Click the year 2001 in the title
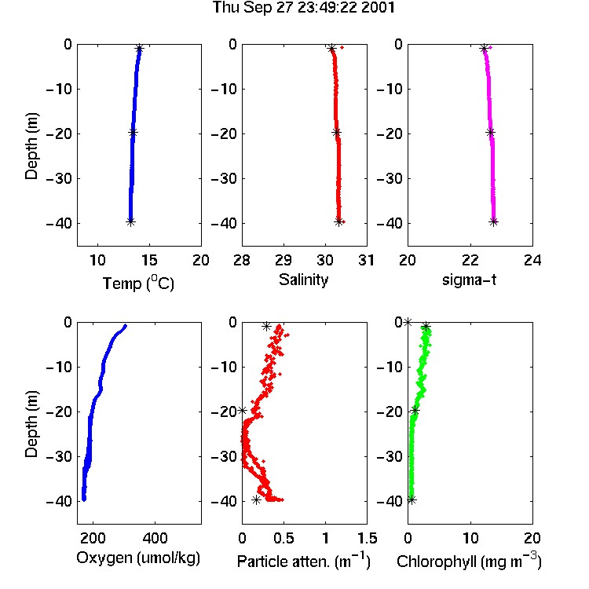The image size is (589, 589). coord(378,8)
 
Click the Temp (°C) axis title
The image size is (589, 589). coord(138,283)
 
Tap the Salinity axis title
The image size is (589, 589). coord(303,280)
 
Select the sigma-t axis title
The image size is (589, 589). coord(470,280)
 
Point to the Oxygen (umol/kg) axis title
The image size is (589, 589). coord(138,558)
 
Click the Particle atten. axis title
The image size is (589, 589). coord(304,561)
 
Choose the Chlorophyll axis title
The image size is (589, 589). coord(469,561)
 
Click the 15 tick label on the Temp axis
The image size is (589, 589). coord(149,260)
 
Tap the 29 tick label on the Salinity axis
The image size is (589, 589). coord(284,260)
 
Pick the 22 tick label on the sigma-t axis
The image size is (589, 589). coord(470,260)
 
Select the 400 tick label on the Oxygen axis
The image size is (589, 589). coord(155,538)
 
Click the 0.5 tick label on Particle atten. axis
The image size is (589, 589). coord(284,538)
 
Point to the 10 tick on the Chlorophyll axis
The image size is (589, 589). coord(470,538)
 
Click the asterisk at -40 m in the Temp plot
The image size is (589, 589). coord(130,221)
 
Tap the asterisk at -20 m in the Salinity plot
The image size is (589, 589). coord(337,132)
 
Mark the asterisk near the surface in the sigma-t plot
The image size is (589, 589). coord(484,48)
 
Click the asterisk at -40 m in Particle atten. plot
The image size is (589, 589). coord(256,500)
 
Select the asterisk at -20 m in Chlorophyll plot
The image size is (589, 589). coord(415,410)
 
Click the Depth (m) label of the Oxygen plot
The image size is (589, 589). coord(31,424)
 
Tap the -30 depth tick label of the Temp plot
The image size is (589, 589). coord(59,178)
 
